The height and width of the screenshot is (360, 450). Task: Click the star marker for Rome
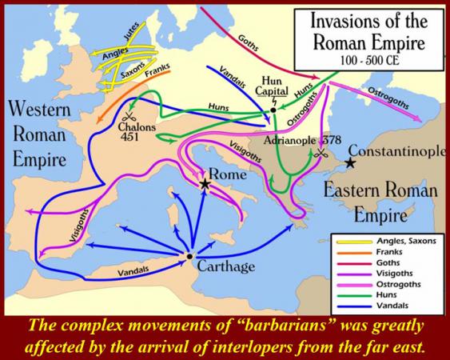[206, 185]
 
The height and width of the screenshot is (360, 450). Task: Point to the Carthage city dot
[189, 257]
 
